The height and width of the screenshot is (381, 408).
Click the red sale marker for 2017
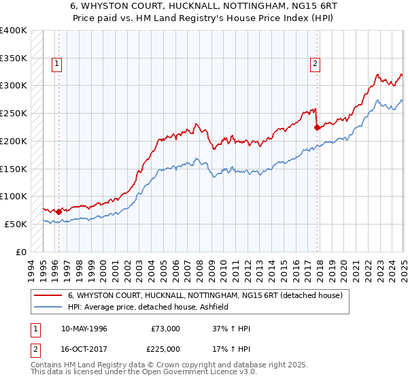(317, 127)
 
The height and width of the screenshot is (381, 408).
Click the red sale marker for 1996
(58, 212)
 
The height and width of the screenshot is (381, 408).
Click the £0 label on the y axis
(21, 252)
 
